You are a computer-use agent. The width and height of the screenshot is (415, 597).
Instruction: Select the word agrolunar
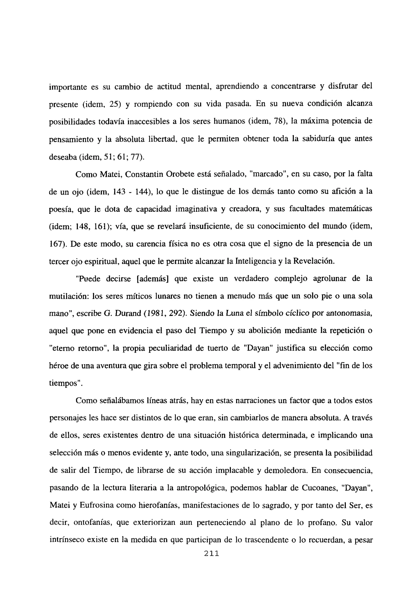point(329,279)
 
